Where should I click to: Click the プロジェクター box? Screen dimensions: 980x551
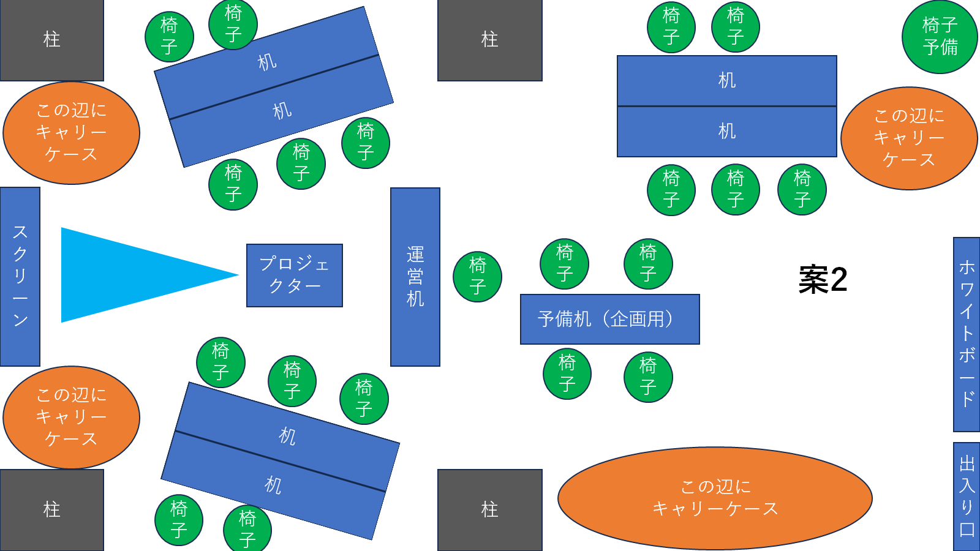pos(295,275)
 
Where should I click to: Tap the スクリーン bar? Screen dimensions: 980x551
pos(20,276)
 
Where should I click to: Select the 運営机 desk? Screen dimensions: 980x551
pos(415,277)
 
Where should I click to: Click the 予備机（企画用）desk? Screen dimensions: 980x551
pos(610,319)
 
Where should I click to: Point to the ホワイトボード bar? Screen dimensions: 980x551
pos(967,334)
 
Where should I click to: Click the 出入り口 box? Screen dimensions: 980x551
pos(967,497)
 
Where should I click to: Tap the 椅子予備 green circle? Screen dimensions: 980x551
pos(940,37)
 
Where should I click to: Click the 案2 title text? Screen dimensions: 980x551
pos(823,279)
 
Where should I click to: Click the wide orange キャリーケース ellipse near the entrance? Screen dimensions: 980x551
pos(715,498)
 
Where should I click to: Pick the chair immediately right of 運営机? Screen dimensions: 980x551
pos(477,277)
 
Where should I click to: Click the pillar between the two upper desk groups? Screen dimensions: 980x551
pos(490,40)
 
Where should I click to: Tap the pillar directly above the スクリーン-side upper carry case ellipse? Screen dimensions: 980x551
pos(51,40)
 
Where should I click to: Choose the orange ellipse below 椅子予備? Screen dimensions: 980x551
pos(909,138)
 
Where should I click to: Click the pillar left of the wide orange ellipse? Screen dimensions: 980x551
pos(490,510)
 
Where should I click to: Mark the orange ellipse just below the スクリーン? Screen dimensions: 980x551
pos(71,417)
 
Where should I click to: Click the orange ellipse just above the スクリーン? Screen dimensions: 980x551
pos(71,133)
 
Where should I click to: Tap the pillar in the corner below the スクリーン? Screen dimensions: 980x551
pos(51,510)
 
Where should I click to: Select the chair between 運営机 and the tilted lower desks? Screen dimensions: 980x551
pos(364,399)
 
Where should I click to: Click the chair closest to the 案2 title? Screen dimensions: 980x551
pos(802,190)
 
